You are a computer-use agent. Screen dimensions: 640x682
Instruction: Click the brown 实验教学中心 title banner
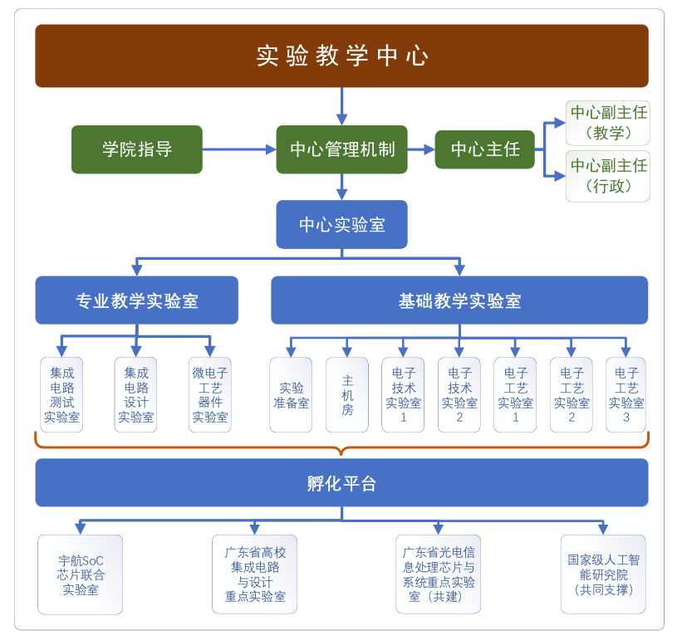click(x=341, y=56)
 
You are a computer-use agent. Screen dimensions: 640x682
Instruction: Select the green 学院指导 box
click(x=137, y=149)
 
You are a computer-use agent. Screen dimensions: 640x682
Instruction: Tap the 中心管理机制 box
click(x=341, y=149)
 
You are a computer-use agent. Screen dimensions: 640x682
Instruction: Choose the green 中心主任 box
click(x=485, y=149)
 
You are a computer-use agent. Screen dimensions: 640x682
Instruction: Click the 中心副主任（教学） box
click(x=608, y=122)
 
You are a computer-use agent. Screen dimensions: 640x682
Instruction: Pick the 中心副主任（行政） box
click(x=608, y=176)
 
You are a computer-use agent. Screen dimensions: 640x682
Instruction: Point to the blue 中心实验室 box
click(x=341, y=224)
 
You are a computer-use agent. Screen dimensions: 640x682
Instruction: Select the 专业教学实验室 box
click(x=137, y=300)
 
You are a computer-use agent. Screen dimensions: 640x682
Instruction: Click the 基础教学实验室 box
click(x=459, y=300)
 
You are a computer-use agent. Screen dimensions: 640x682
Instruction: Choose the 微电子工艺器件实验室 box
click(x=210, y=395)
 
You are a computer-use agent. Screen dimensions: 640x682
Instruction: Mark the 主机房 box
click(x=347, y=395)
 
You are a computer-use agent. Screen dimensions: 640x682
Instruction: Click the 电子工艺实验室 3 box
click(x=626, y=395)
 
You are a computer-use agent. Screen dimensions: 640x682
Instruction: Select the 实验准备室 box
click(x=292, y=395)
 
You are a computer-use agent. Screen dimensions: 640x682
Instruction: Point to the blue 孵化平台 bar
click(x=341, y=483)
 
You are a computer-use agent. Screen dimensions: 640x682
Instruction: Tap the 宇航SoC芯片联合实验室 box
click(x=81, y=574)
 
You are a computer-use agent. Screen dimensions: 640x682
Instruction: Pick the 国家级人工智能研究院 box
click(x=603, y=574)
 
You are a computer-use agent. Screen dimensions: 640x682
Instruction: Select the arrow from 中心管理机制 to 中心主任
click(x=421, y=149)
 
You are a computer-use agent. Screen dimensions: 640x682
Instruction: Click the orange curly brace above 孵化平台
click(x=341, y=447)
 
